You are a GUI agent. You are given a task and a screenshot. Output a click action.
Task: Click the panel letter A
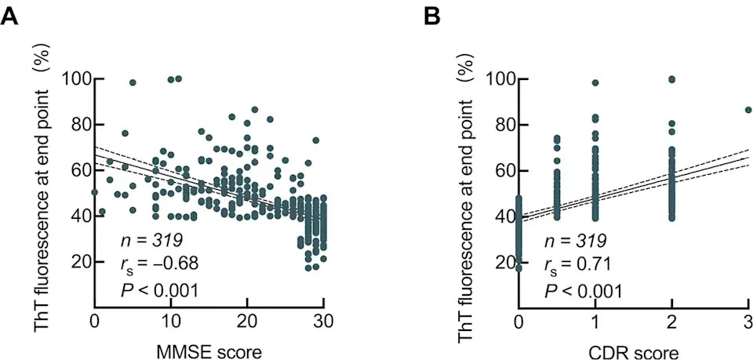coord(10,17)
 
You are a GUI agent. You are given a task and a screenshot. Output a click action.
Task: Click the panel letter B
coord(433,17)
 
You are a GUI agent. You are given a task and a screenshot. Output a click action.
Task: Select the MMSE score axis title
coord(210,352)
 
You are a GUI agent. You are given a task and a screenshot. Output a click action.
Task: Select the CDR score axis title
coord(634,352)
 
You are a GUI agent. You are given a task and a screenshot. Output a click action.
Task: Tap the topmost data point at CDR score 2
coord(672,79)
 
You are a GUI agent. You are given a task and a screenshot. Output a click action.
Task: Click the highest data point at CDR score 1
coord(595,82)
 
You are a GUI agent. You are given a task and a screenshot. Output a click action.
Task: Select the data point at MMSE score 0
coord(95,192)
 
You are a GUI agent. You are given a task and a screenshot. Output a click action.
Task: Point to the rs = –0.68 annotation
coord(159,263)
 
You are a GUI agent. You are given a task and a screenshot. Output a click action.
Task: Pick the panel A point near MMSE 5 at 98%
coord(133,82)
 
